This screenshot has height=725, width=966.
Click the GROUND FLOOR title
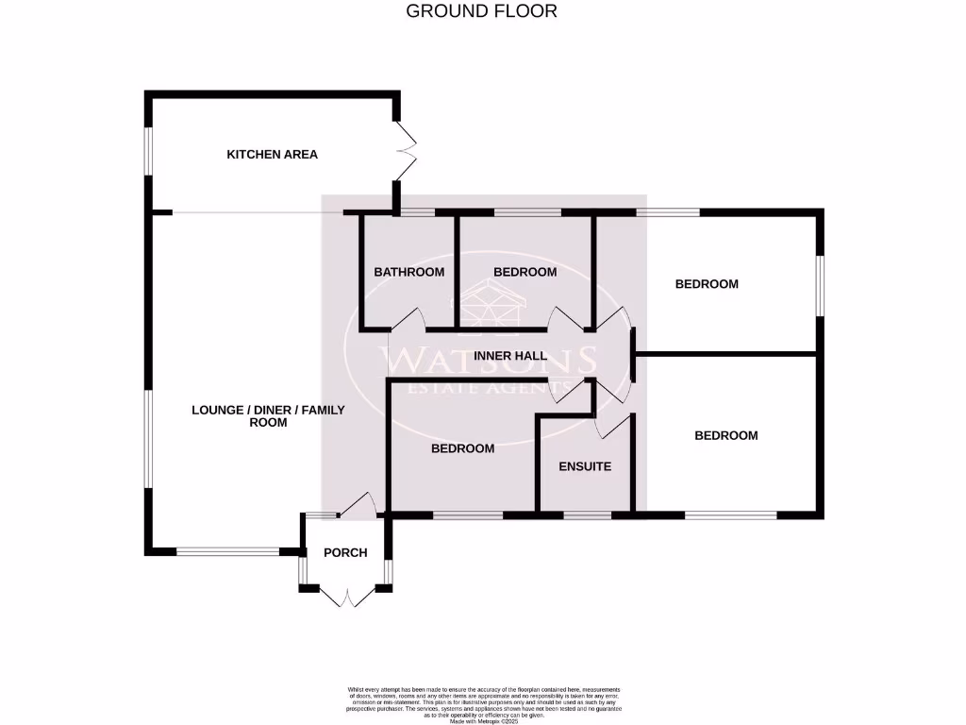[481, 11]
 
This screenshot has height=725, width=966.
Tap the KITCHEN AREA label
[272, 154]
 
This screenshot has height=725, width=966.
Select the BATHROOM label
[408, 272]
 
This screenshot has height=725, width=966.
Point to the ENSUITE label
[585, 466]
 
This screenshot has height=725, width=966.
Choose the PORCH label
[344, 552]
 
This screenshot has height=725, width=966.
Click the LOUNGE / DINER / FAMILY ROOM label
[268, 416]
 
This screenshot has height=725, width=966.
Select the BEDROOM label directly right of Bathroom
[525, 272]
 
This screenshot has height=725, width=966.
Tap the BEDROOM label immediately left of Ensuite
[462, 448]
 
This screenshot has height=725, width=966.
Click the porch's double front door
[347, 597]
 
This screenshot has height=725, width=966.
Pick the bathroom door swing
[408, 321]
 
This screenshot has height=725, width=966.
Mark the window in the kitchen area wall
[147, 151]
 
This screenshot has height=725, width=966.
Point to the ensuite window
[587, 515]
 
